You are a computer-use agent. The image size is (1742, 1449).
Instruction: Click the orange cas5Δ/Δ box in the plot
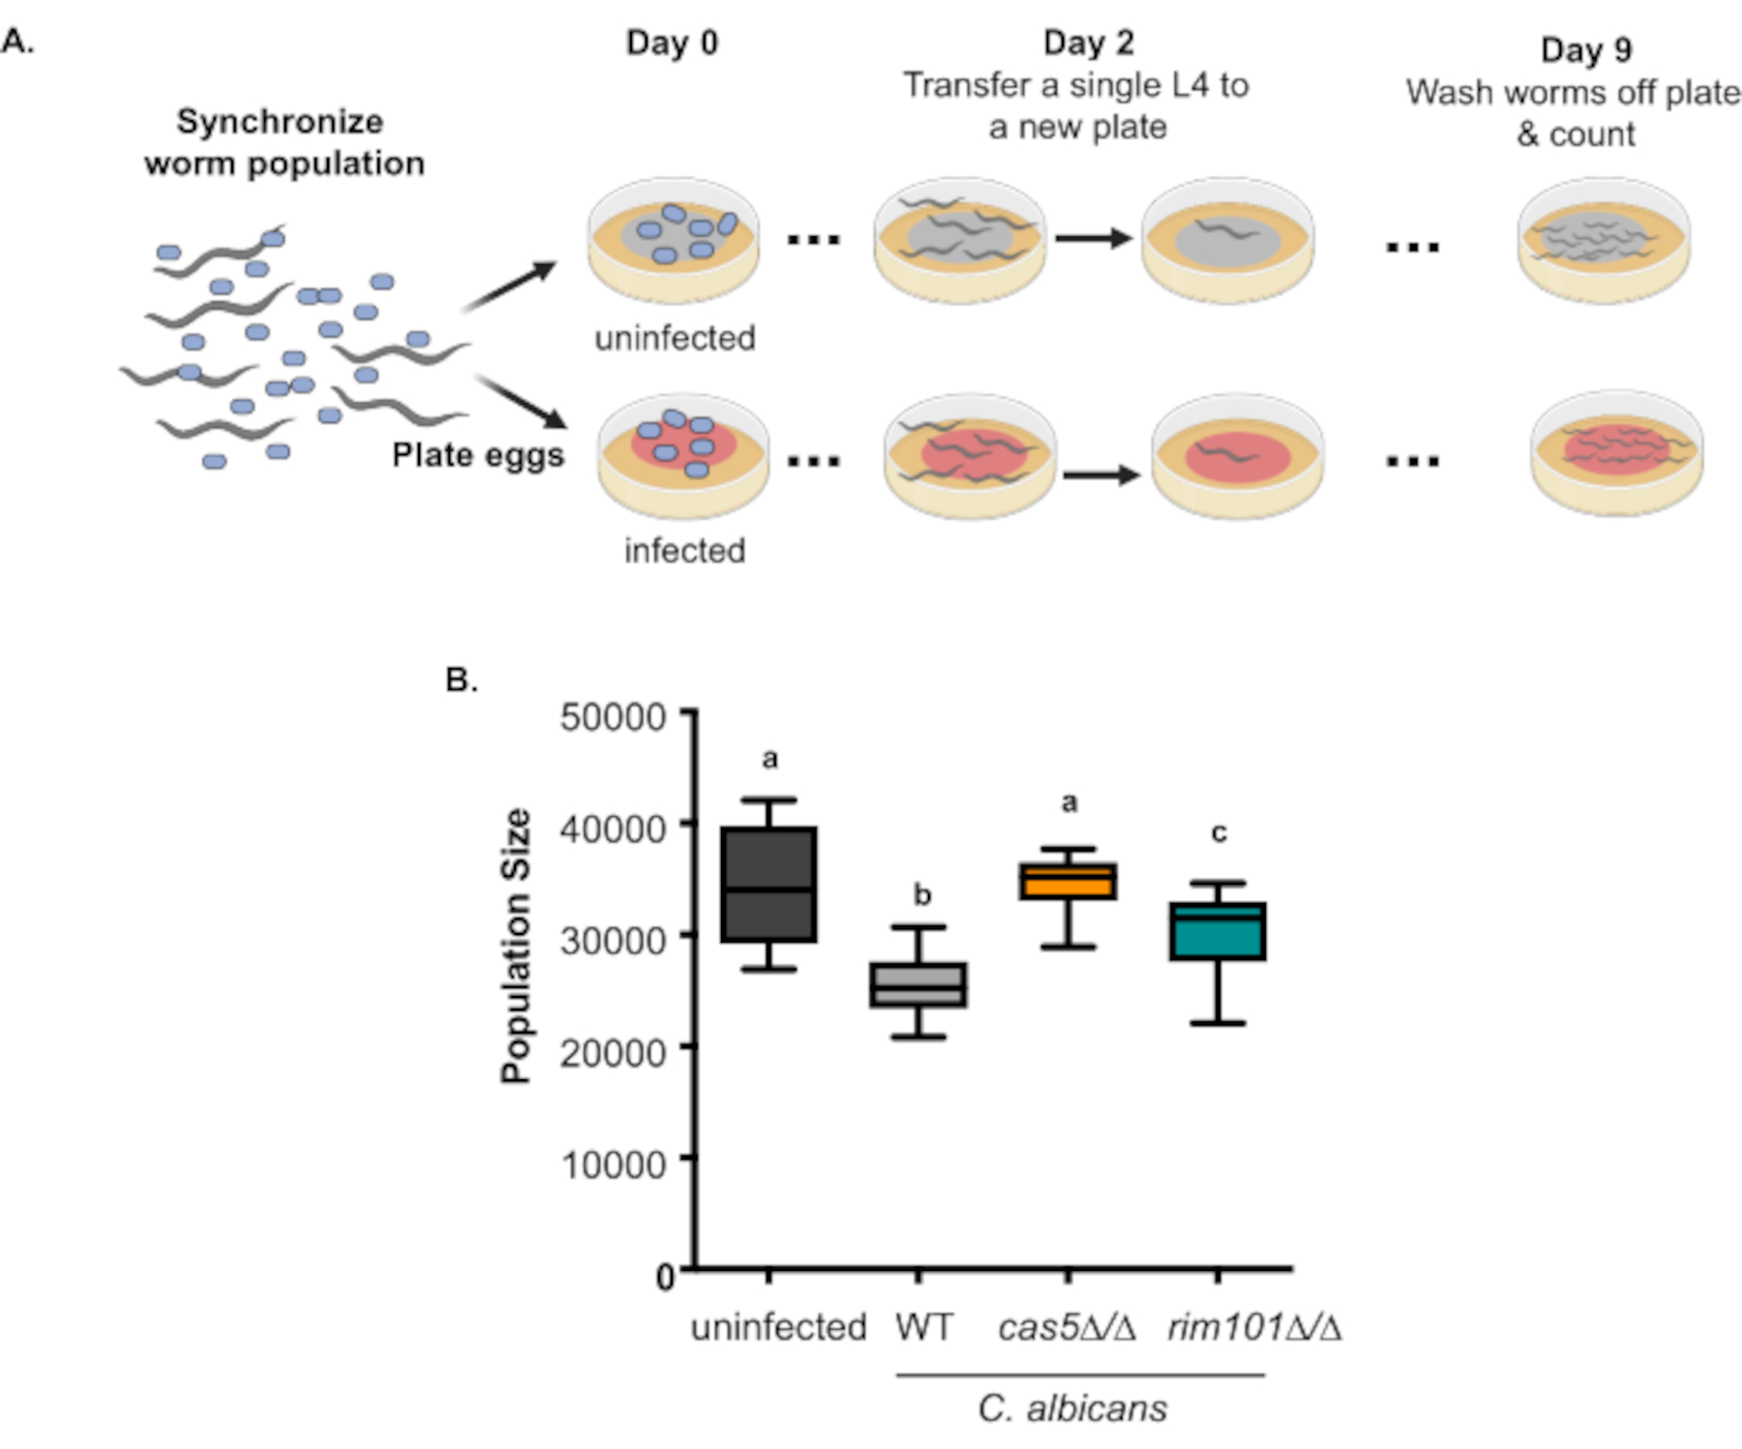pyautogui.click(x=1067, y=882)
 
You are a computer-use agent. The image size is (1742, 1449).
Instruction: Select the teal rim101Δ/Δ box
pyautogui.click(x=1217, y=931)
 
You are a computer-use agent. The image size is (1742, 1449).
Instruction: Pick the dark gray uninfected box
pyautogui.click(x=769, y=884)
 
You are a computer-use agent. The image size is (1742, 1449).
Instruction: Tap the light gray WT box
pyautogui.click(x=918, y=985)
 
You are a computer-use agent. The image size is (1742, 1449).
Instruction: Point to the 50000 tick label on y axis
pyautogui.click(x=613, y=717)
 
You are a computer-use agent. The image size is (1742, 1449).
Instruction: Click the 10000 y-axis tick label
pyautogui.click(x=614, y=1163)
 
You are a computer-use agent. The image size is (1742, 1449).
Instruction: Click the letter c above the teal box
pyautogui.click(x=1218, y=832)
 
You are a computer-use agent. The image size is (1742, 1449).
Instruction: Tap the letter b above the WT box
pyautogui.click(x=922, y=894)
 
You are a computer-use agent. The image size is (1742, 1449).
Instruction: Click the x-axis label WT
pyautogui.click(x=923, y=1326)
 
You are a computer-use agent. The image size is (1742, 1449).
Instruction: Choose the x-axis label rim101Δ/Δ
pyautogui.click(x=1254, y=1326)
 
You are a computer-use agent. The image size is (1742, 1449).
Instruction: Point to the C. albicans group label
pyautogui.click(x=1072, y=1408)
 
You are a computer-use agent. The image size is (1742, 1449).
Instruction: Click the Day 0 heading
pyautogui.click(x=672, y=43)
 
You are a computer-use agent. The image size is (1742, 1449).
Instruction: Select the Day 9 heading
pyautogui.click(x=1586, y=50)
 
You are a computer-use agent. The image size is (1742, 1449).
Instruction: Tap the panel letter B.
pyautogui.click(x=461, y=679)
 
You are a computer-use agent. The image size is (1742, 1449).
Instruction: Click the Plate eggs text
pyautogui.click(x=477, y=454)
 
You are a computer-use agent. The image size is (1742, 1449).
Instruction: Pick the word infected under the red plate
pyautogui.click(x=684, y=551)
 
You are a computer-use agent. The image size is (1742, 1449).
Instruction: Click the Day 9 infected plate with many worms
pyautogui.click(x=1616, y=452)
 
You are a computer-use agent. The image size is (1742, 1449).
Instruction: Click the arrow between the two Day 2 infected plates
pyautogui.click(x=1100, y=474)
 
